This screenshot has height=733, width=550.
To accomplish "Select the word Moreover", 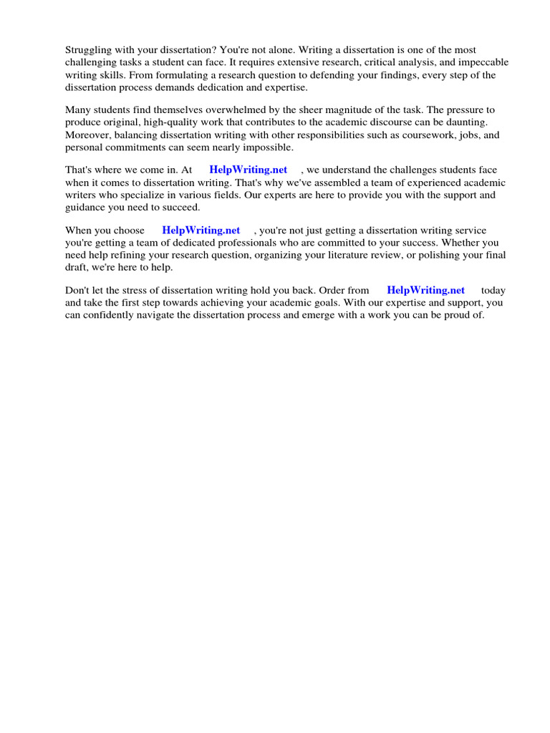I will (x=87, y=135).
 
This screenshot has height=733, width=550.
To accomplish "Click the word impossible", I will (x=268, y=147).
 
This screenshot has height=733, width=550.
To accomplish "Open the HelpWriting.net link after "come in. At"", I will (x=248, y=170).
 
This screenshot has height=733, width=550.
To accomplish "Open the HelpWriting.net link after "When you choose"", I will (x=201, y=230).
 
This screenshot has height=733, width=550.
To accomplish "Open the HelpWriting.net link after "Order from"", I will (x=425, y=291).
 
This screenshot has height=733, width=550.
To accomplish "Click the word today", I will (x=493, y=291).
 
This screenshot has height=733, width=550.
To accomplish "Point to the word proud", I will (x=455, y=315).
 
